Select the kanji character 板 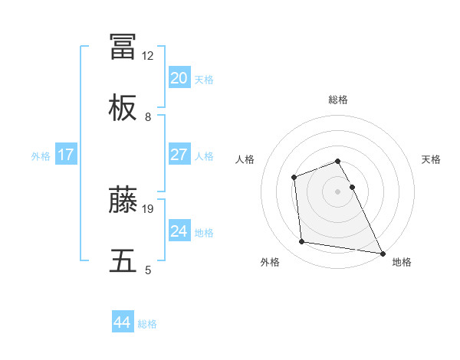(123, 110)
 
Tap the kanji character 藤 (123, 200)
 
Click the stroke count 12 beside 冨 (148, 56)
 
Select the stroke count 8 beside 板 (148, 117)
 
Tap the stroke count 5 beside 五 (148, 270)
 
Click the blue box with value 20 (179, 78)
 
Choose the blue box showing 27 (179, 155)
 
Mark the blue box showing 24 (179, 231)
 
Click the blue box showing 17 (66, 155)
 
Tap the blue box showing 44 (122, 322)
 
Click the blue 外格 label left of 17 (41, 155)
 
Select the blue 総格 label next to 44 (147, 324)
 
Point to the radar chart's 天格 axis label (431, 159)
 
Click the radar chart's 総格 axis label (338, 100)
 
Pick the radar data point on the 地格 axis (382, 253)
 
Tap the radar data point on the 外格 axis (302, 242)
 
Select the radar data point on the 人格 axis (294, 178)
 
